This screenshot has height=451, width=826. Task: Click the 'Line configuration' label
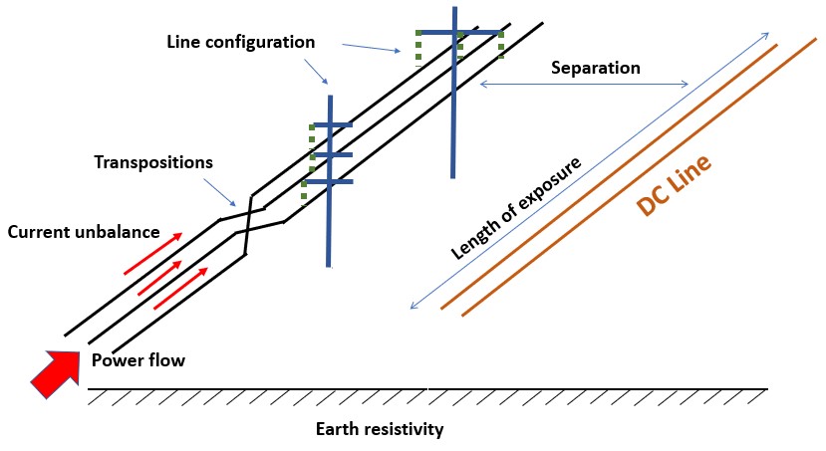(241, 43)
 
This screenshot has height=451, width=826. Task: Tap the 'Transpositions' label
(153, 161)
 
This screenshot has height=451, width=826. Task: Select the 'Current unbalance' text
(84, 232)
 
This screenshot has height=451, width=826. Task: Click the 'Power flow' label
(138, 360)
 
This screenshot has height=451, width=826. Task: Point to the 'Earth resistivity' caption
(379, 430)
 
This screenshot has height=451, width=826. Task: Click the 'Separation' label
(595, 69)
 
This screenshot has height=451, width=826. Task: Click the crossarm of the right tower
(457, 33)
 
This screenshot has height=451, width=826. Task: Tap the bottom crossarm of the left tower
(329, 182)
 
